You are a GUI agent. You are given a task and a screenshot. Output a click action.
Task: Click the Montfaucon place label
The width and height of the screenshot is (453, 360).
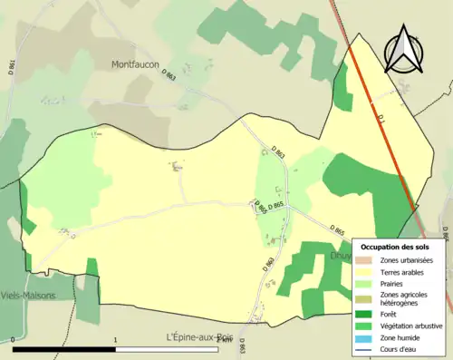click(136, 64)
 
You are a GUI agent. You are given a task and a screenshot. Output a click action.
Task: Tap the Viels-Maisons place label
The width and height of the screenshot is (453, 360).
click(28, 296)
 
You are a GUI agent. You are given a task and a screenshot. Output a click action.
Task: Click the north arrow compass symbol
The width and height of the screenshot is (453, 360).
click(405, 49)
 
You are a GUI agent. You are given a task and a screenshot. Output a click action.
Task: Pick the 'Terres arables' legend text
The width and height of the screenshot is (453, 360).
click(404, 271)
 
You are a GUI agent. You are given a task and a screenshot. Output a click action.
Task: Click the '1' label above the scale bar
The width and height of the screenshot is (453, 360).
click(116, 339)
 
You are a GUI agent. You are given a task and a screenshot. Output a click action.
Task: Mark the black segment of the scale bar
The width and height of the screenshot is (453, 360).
click(64, 349)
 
